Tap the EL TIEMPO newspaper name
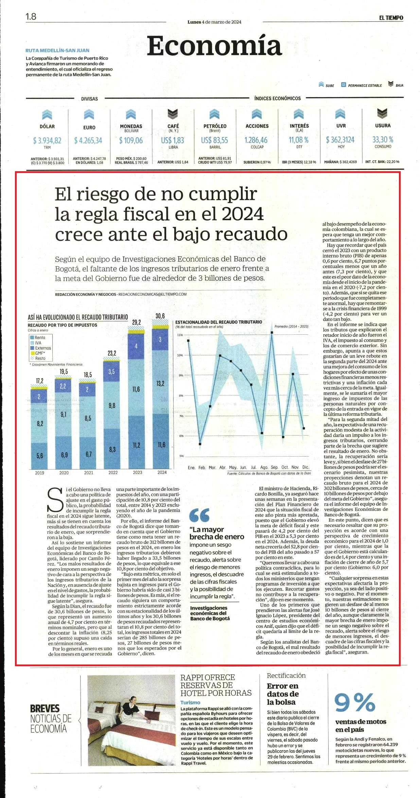click(x=391, y=18)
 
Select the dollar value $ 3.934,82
click(x=47, y=140)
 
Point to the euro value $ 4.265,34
click(x=88, y=140)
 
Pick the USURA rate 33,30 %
click(x=383, y=139)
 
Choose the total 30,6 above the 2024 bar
click(x=160, y=316)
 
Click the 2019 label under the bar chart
click(x=39, y=473)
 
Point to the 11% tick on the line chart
click(x=180, y=335)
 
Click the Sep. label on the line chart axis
click(x=275, y=467)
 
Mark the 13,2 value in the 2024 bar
click(x=160, y=384)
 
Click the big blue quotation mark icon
click(x=199, y=515)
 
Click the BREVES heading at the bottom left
click(x=45, y=708)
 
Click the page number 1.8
click(x=31, y=16)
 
